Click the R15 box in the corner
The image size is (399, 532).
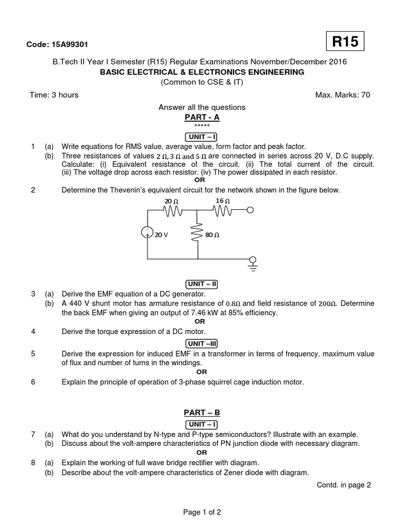click(x=345, y=42)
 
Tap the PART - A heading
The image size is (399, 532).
click(x=202, y=117)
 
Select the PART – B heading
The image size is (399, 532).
click(x=202, y=413)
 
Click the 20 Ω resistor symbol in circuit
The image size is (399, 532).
click(x=172, y=210)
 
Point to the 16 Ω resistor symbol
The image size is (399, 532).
click(x=222, y=210)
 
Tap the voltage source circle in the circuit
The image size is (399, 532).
click(x=148, y=232)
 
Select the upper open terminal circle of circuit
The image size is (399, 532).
click(x=250, y=210)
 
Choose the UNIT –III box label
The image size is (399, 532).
click(x=202, y=343)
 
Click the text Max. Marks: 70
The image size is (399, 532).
click(x=343, y=95)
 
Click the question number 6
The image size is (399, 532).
click(x=33, y=382)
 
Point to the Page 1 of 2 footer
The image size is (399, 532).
click(x=202, y=512)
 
